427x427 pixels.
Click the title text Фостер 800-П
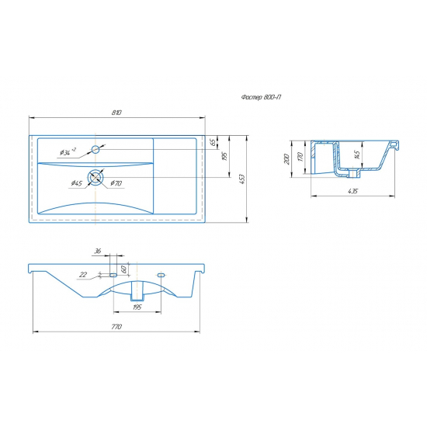tap(261, 97)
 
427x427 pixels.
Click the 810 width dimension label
tap(116, 113)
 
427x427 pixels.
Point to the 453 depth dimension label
tap(243, 179)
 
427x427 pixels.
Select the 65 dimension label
tap(213, 142)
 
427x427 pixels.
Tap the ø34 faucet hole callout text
tap(68, 152)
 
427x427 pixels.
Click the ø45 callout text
tap(77, 183)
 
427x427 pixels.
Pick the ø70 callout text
tap(116, 183)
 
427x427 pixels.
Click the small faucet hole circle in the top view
tap(95, 150)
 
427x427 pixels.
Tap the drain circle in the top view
tap(95, 177)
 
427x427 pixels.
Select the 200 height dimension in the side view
tap(286, 158)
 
